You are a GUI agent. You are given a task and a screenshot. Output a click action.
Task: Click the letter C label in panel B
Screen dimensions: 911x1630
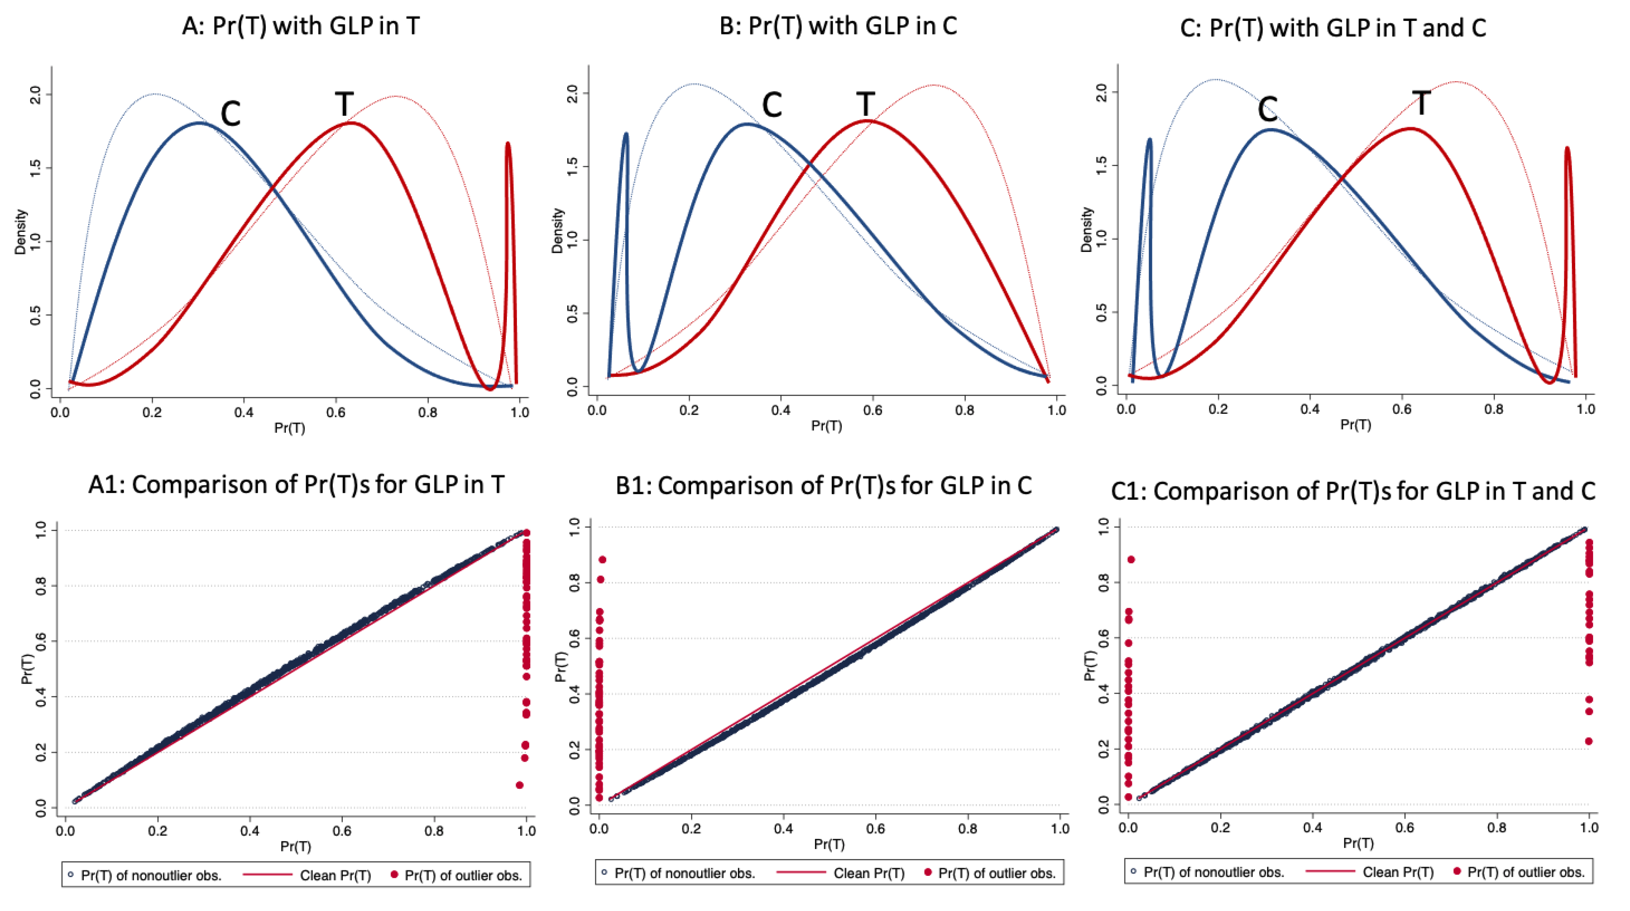771,105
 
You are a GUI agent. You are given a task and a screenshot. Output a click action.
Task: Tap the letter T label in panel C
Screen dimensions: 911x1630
1421,103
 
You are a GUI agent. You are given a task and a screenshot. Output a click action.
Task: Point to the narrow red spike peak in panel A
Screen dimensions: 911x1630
507,144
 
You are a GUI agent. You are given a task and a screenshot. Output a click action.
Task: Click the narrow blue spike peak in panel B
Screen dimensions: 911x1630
626,134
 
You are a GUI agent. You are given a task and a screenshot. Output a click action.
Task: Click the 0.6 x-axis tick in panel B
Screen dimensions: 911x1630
873,410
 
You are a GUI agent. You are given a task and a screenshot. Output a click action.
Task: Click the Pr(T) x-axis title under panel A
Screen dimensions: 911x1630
289,428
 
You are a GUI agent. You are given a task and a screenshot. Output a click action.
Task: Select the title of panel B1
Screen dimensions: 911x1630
823,486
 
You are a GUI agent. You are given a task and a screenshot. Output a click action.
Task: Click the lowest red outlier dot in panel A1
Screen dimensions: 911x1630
519,785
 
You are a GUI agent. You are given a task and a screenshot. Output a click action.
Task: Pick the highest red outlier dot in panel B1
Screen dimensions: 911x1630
602,559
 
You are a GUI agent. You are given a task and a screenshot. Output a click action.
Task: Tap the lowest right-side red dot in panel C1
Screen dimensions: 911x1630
1588,741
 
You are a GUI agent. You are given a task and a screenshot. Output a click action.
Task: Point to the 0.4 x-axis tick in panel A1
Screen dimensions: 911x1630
250,830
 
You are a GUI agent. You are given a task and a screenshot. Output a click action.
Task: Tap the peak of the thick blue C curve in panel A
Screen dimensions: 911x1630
199,123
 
